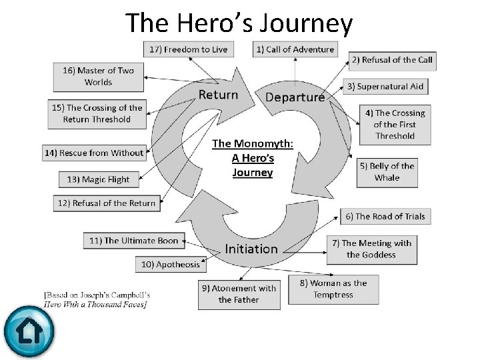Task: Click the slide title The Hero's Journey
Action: click(239, 23)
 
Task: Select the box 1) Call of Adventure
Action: click(295, 49)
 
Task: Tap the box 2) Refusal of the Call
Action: click(393, 60)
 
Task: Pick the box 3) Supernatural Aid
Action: click(385, 87)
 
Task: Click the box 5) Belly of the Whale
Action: click(387, 172)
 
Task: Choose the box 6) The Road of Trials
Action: click(385, 216)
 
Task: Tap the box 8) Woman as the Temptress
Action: click(333, 289)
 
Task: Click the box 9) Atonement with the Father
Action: click(239, 294)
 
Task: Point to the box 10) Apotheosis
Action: click(171, 265)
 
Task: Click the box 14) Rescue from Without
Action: click(94, 153)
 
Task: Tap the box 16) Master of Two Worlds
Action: click(98, 77)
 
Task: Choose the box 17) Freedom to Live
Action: click(187, 49)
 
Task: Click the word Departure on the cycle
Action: click(295, 97)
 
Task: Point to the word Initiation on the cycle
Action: click(251, 249)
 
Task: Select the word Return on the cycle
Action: click(218, 95)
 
